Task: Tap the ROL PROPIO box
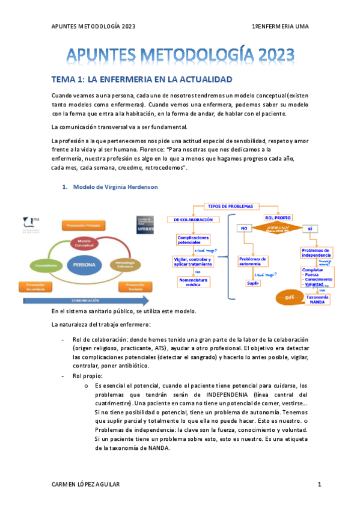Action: pos(278,217)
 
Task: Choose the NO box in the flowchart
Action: pos(244,229)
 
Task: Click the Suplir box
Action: pos(252,283)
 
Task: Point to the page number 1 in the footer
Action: pos(320,484)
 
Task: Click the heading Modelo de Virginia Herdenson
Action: pos(115,187)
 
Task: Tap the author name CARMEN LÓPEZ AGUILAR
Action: pos(85,484)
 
